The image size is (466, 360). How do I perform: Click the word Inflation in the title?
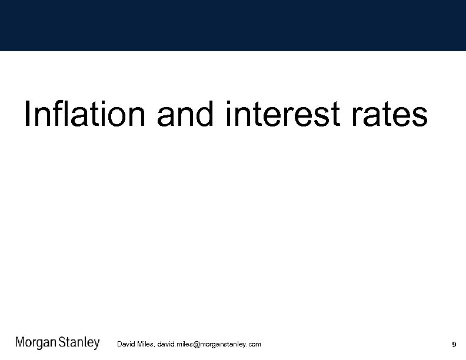click(x=84, y=114)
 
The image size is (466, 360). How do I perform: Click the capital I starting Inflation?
click(x=27, y=114)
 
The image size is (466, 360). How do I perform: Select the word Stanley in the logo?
click(x=79, y=344)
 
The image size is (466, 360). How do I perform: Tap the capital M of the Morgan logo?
click(x=20, y=343)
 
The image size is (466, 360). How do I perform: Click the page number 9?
click(x=454, y=344)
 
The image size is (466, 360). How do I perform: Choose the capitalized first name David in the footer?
click(x=126, y=344)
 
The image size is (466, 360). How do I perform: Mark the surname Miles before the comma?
click(x=145, y=344)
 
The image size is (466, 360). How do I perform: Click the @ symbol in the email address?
click(x=197, y=344)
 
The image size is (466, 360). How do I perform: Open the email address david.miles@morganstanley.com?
click(x=209, y=344)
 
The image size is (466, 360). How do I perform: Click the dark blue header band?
click(x=233, y=25)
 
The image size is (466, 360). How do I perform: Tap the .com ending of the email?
click(x=254, y=344)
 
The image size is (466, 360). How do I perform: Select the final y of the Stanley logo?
click(x=96, y=345)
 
